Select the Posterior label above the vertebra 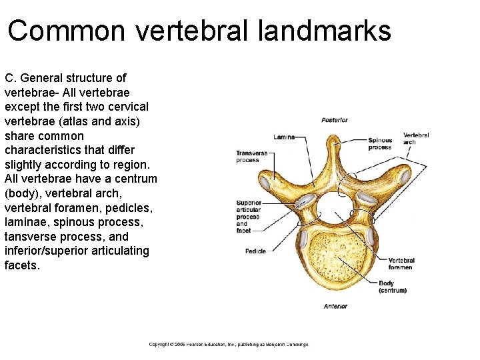tap(334, 121)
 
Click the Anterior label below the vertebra tap(335, 306)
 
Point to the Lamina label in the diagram tap(283, 137)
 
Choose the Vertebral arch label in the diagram tap(415, 139)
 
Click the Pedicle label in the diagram tap(255, 251)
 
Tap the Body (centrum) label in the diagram tap(393, 287)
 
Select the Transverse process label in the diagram tap(251, 157)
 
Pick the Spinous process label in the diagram tap(380, 144)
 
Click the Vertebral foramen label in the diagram tap(401, 264)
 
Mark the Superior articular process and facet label tap(249, 217)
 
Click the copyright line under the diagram tap(229, 344)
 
